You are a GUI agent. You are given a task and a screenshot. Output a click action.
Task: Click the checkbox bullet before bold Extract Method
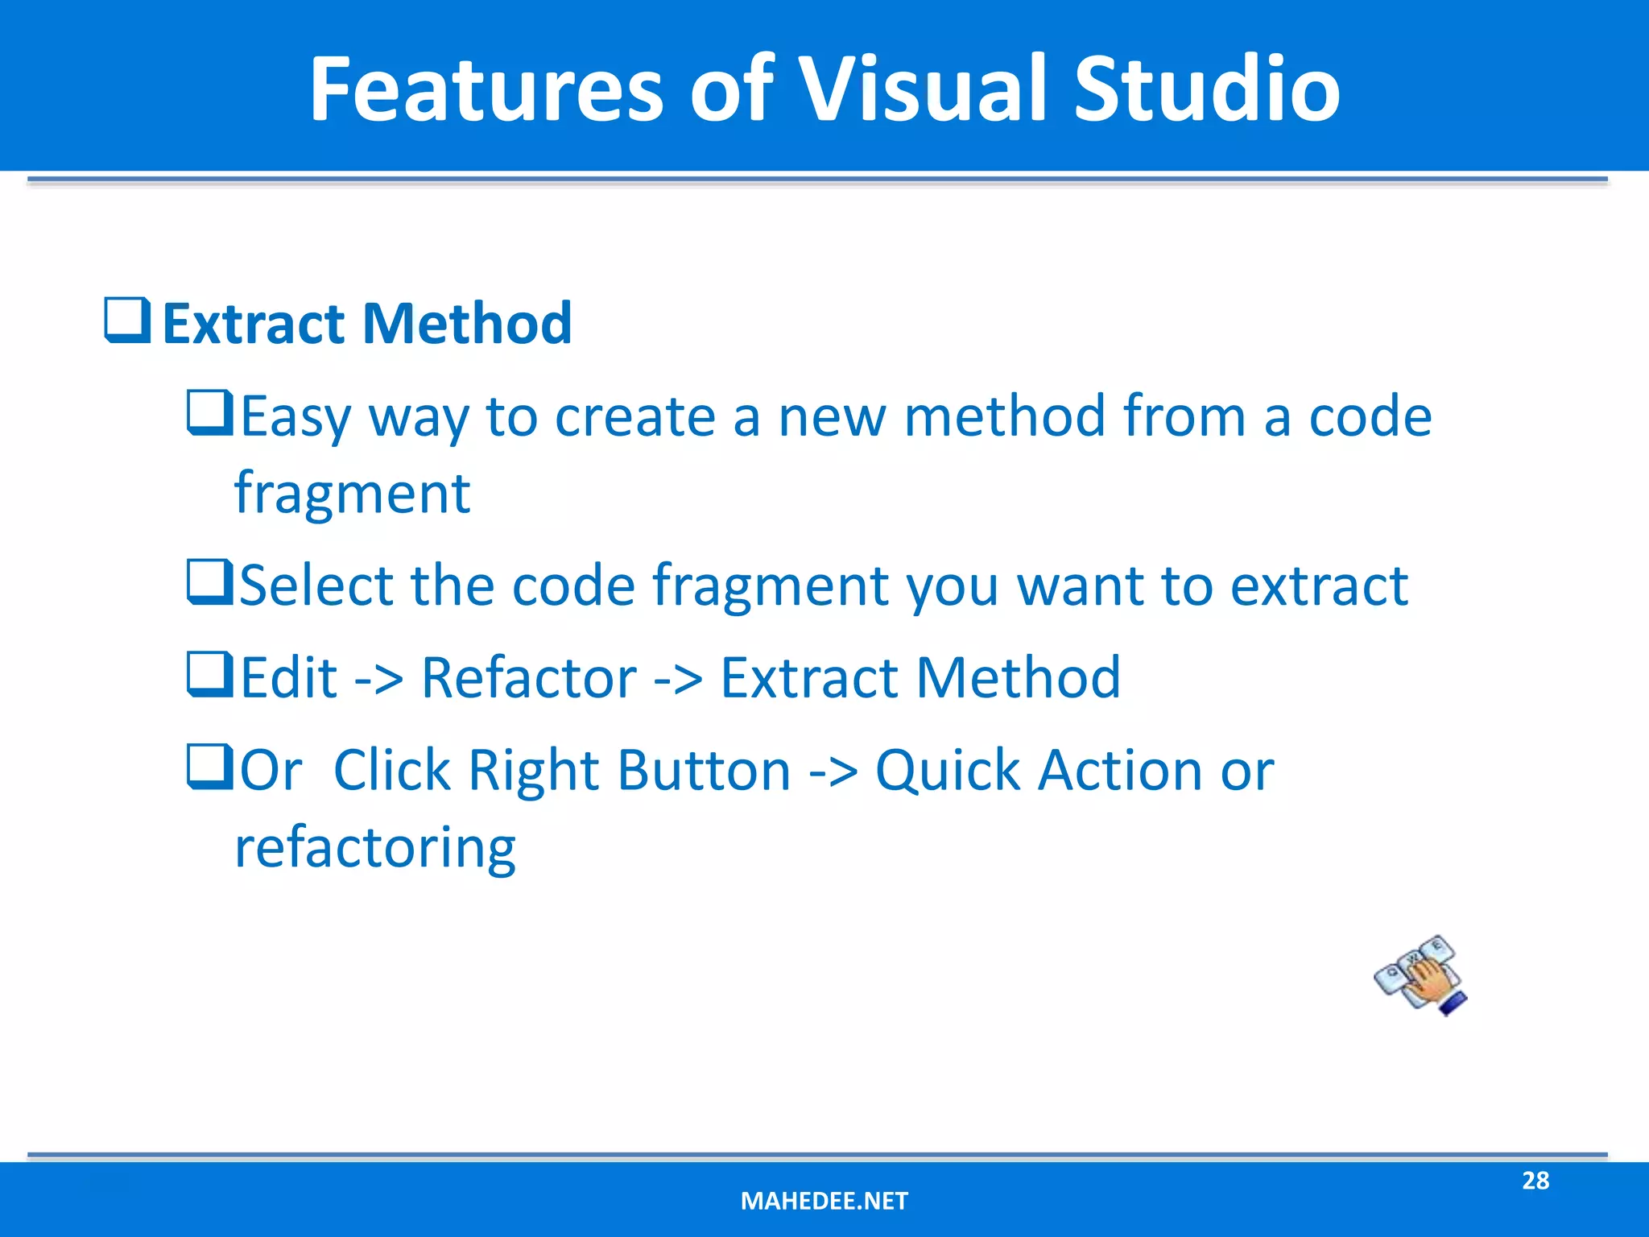point(127,321)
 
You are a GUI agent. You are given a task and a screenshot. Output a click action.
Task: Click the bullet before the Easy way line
point(209,412)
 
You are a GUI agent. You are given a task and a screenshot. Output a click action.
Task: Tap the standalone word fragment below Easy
point(352,493)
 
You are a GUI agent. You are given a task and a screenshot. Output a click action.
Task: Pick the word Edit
point(288,678)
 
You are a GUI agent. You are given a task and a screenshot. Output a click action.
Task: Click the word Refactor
point(528,678)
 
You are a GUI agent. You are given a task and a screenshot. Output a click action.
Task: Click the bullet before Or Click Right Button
point(209,767)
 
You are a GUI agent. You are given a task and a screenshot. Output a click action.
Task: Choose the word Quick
point(948,772)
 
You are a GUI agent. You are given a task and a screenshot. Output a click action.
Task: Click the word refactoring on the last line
point(374,849)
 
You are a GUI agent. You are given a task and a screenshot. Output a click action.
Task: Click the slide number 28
point(1535,1181)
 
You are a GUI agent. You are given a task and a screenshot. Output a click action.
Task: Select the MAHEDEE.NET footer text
point(824,1201)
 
